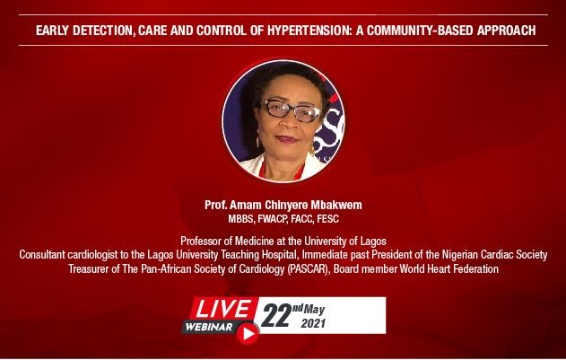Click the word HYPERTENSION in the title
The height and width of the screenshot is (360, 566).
309,31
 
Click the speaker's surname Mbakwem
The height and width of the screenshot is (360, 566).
336,205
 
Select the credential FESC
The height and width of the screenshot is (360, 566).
327,219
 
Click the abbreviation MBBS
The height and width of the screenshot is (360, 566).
240,219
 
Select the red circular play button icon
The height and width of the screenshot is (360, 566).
248,333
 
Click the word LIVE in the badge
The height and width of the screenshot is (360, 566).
224,309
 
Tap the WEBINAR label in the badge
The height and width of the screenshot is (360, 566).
209,327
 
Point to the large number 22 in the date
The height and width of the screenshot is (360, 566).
276,315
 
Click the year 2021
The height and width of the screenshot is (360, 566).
313,323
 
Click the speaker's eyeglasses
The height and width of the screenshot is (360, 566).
291,110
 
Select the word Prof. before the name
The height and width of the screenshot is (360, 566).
216,205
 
